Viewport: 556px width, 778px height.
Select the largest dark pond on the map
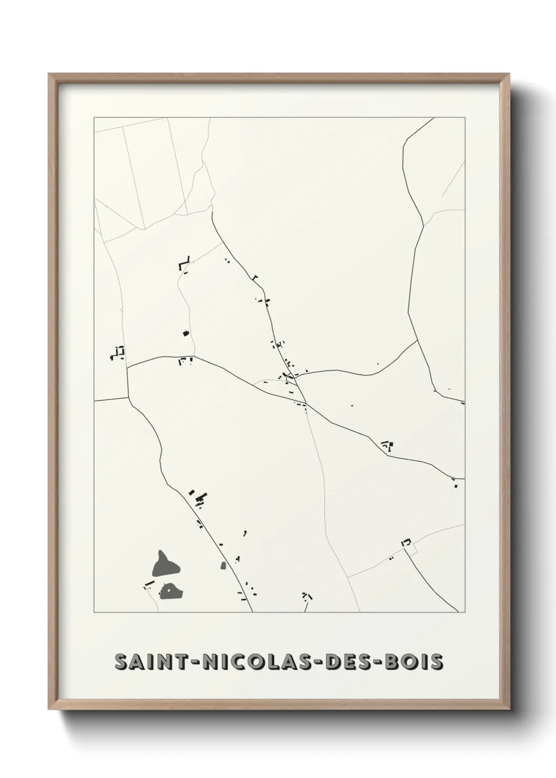pos(164,565)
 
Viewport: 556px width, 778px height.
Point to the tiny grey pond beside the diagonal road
pos(222,566)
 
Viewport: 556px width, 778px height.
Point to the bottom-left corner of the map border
pos(94,612)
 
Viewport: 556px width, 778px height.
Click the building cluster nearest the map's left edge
pos(118,353)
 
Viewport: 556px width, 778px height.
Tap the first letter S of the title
pos(121,662)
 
